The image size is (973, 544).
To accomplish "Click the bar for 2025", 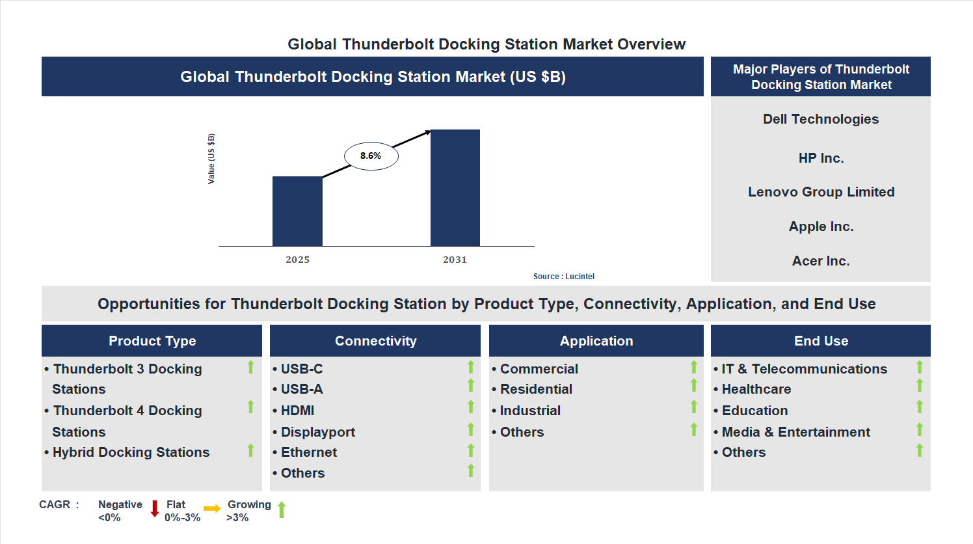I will click(297, 211).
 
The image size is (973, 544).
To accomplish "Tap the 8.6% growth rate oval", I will click(371, 156).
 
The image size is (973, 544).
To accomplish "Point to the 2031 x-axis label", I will click(455, 260).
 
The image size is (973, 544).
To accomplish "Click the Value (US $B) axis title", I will click(211, 159).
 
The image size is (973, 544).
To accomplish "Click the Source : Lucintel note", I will click(563, 277).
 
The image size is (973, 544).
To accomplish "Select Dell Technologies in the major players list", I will click(820, 119).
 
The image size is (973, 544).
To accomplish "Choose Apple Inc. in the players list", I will click(821, 226).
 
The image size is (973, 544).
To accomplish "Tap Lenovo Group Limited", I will click(821, 192).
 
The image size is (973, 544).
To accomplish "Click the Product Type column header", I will click(152, 341).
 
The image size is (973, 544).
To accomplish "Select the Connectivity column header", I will click(375, 341).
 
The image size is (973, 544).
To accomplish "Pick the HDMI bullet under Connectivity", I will click(297, 411).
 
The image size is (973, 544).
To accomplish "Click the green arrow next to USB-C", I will click(471, 368).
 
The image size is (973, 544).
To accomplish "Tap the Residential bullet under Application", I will click(535, 389).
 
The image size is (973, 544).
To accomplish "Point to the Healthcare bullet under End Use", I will click(756, 389).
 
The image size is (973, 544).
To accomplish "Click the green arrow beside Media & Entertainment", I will click(920, 429).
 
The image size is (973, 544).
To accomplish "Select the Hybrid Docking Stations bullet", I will click(131, 452).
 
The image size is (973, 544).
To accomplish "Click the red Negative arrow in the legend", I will click(155, 508).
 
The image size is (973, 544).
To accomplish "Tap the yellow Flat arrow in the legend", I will click(212, 509).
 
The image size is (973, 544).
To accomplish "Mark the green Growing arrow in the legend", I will click(282, 510).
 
